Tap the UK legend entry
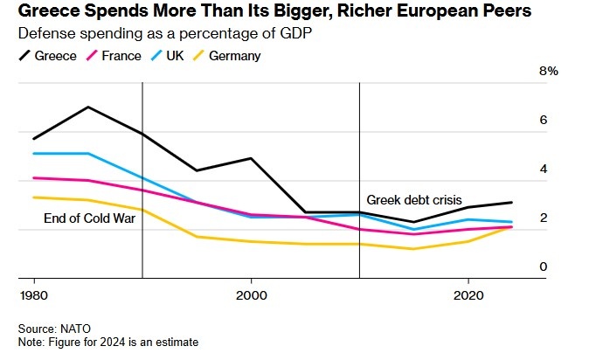[x=180, y=56]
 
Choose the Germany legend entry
[x=233, y=56]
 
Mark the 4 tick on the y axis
[x=543, y=170]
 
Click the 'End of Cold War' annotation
[x=89, y=218]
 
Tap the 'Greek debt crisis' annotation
[x=414, y=199]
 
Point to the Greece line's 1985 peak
[x=88, y=107]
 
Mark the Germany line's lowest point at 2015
[x=414, y=249]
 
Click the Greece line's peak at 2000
[x=251, y=158]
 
